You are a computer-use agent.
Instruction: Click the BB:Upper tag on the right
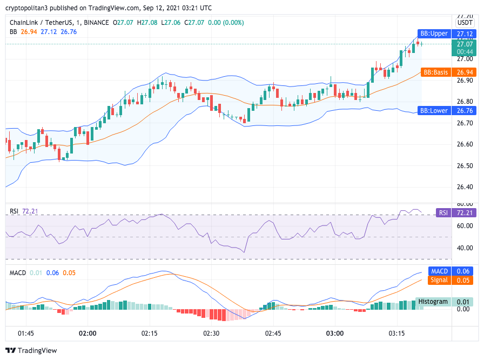[x=434, y=34]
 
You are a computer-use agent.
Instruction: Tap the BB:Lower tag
[x=435, y=111]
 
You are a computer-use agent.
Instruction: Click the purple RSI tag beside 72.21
[x=443, y=213]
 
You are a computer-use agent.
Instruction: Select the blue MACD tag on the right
[x=439, y=271]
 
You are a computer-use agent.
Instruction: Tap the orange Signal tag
[x=439, y=280]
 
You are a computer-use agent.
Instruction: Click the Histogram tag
[x=433, y=302]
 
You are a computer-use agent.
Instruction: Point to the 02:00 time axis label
[x=88, y=333]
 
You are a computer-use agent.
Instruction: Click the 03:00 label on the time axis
[x=334, y=333]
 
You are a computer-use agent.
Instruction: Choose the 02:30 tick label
[x=211, y=333]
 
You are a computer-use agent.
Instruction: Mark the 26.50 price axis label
[x=465, y=166]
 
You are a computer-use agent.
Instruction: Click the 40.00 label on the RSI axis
[x=465, y=248]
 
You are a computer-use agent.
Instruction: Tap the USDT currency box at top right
[x=465, y=23]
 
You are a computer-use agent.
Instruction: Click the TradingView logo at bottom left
[x=31, y=350]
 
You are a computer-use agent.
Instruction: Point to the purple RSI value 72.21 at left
[x=30, y=211]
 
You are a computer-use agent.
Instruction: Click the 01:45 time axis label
[x=26, y=333]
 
